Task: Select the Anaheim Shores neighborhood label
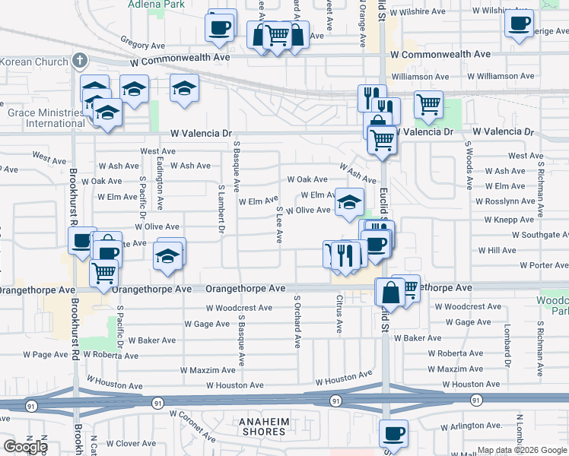(x=262, y=426)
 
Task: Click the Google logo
(x=24, y=446)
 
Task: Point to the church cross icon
(x=80, y=59)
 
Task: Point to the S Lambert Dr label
(x=222, y=208)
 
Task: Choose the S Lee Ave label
(x=280, y=225)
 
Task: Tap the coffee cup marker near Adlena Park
(x=221, y=27)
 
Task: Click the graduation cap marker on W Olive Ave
(x=349, y=202)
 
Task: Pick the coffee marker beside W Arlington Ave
(x=393, y=434)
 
